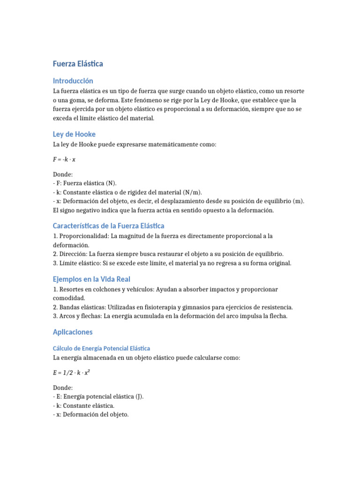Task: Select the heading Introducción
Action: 73,81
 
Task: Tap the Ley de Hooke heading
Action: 74,134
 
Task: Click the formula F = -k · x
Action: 64,159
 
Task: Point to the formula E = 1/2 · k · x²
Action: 71,373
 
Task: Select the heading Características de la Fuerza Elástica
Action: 108,225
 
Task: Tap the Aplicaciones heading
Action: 73,332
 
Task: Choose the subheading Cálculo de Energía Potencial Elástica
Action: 101,348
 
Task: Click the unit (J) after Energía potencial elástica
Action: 140,397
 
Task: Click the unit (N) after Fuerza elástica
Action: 111,183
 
